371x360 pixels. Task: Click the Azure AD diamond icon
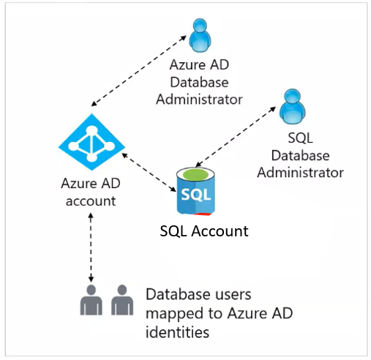[x=91, y=142]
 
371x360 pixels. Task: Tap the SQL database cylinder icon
[x=195, y=191]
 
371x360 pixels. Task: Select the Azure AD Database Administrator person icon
[x=200, y=35]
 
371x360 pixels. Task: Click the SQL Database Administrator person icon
[x=292, y=106]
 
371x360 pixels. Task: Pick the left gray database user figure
[x=91, y=300]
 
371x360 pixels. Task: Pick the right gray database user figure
[x=122, y=300]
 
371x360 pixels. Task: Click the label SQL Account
[x=204, y=231]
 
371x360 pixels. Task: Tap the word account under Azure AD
[x=91, y=201]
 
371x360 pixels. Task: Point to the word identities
[x=177, y=332]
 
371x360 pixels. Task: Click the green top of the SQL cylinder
[x=195, y=174]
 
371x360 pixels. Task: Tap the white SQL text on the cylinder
[x=196, y=195]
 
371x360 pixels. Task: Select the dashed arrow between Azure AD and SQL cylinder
[x=149, y=172]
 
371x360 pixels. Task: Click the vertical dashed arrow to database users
[x=91, y=247]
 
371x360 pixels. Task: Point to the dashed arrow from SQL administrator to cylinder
[x=236, y=137]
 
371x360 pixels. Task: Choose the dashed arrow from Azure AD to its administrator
[x=138, y=71]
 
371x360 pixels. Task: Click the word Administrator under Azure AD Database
[x=199, y=100]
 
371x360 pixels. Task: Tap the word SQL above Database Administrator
[x=300, y=138]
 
